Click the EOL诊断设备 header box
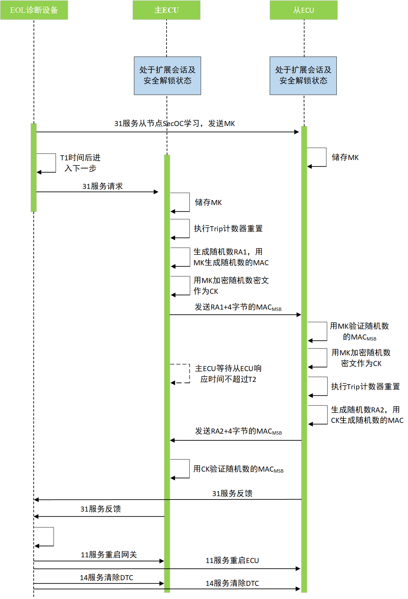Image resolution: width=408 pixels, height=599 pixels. (34, 10)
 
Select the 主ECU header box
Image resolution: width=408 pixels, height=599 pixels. (166, 10)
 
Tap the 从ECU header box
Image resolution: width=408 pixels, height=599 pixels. (303, 10)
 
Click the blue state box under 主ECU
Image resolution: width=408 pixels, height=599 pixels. (167, 76)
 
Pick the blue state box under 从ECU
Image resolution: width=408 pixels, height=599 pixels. (303, 76)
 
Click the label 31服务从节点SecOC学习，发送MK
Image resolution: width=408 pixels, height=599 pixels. (175, 124)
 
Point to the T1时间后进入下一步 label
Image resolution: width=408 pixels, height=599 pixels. (80, 163)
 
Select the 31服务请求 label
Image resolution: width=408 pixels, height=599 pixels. (103, 186)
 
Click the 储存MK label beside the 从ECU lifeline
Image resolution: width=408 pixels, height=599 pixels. (345, 157)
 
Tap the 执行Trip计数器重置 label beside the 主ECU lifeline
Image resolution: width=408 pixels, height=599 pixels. (228, 229)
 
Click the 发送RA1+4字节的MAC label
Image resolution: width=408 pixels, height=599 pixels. (238, 307)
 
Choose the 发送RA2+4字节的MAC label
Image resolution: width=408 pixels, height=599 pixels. (238, 431)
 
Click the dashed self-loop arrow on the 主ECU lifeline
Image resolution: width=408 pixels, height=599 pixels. (182, 373)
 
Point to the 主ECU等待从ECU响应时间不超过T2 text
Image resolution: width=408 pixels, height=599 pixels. (228, 374)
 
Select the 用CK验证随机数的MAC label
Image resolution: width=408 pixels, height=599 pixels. (238, 469)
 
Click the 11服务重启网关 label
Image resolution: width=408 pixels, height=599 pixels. (109, 555)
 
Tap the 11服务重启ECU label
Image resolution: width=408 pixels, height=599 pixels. (232, 560)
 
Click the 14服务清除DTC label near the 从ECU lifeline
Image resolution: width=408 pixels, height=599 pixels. (232, 583)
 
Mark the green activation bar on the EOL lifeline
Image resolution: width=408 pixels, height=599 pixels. (34, 167)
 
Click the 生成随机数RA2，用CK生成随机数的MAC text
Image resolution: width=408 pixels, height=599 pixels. (367, 415)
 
